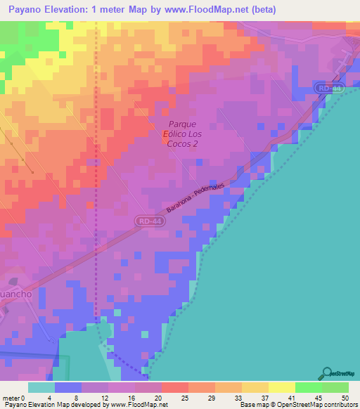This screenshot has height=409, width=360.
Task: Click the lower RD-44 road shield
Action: [146, 221]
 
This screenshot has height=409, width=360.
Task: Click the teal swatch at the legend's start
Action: [41, 387]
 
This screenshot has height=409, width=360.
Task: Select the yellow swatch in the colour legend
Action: [281, 387]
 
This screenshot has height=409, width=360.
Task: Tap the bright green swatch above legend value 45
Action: [308, 387]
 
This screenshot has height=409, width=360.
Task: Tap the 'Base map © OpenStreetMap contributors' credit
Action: [298, 405]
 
